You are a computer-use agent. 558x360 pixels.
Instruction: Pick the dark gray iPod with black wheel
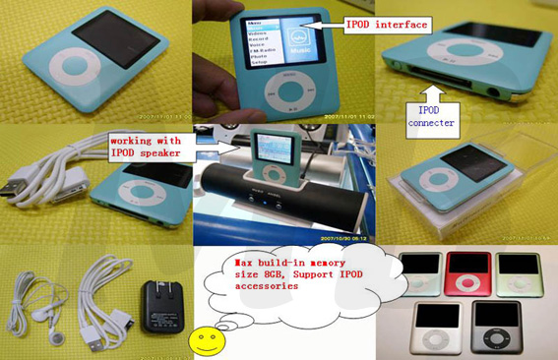tap(496, 329)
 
